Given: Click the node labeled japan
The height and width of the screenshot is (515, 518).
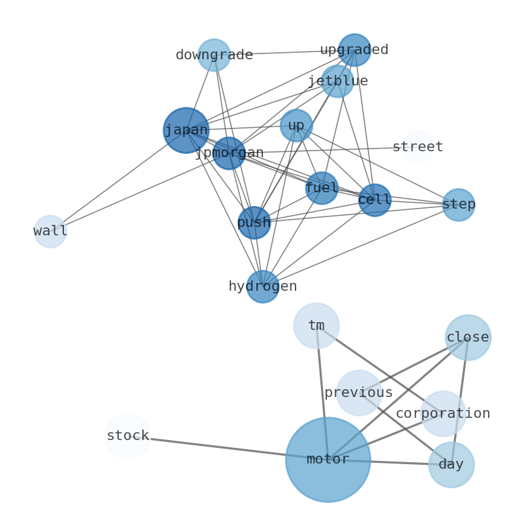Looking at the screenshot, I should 186,130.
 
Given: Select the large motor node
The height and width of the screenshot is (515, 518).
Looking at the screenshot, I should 328,460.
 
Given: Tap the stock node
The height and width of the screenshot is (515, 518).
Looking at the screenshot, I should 127,436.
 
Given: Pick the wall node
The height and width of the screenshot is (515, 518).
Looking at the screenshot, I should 50,231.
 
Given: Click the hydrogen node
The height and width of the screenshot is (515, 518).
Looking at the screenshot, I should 262,287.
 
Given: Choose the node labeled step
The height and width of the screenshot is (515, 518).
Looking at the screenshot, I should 458,205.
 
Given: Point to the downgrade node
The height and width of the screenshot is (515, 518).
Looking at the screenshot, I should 214,55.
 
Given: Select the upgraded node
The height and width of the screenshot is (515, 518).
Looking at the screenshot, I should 354,50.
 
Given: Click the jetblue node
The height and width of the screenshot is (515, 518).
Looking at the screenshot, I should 337,81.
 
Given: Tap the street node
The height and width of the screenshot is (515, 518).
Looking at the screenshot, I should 418,147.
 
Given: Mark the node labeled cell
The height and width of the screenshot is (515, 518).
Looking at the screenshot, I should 374,200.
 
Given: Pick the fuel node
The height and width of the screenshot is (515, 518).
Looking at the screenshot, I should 322,188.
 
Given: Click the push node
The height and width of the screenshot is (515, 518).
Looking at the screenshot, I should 254,223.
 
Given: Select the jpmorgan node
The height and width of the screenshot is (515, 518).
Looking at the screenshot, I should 229,153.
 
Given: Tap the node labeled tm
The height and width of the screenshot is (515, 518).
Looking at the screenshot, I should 316,326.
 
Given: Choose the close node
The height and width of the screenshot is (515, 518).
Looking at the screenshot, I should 468,338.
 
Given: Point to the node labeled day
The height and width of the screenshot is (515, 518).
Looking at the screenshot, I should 451,465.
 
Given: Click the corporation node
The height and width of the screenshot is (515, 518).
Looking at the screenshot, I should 443,414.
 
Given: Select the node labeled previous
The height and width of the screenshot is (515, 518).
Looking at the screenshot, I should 359,393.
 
